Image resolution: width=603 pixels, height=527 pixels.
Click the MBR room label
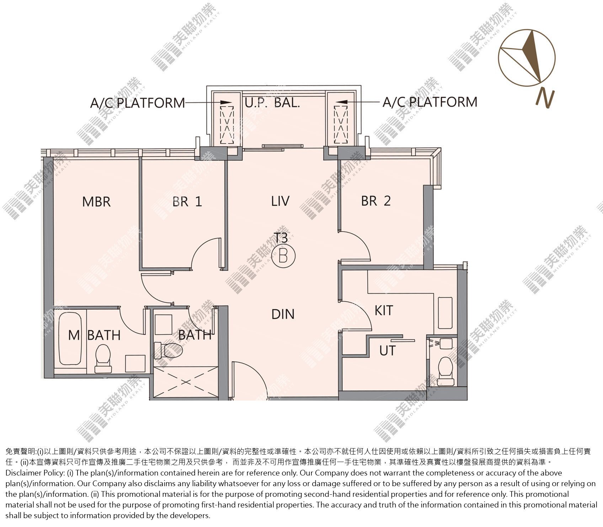pos(96,202)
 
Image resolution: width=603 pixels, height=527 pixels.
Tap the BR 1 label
pos(187,202)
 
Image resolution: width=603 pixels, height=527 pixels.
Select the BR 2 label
pos(376,201)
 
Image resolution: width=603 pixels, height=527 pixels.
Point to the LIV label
pos(280,201)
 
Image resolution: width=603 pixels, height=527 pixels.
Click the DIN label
pos(283,314)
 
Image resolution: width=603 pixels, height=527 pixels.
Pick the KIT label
pos(384,310)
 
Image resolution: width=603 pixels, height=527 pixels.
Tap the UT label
pos(387,351)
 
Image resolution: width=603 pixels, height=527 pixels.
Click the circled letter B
pos(283,255)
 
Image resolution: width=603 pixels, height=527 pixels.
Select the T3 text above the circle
pos(281,238)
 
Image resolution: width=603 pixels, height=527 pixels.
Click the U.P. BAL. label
pos(272,103)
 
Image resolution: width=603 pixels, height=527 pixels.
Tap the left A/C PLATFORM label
pos(138,103)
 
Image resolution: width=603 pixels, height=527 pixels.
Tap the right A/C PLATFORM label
pos(430,102)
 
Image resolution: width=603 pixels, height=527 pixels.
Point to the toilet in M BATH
pos(103,358)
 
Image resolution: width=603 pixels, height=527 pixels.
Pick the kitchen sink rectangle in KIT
pos(445,313)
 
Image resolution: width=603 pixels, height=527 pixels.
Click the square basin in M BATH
pos(135,363)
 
